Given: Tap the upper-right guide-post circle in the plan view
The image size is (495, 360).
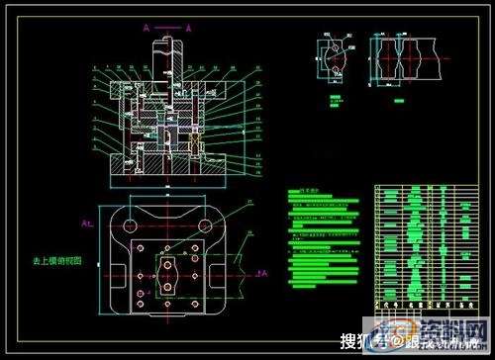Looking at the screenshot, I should pos(208,225).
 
